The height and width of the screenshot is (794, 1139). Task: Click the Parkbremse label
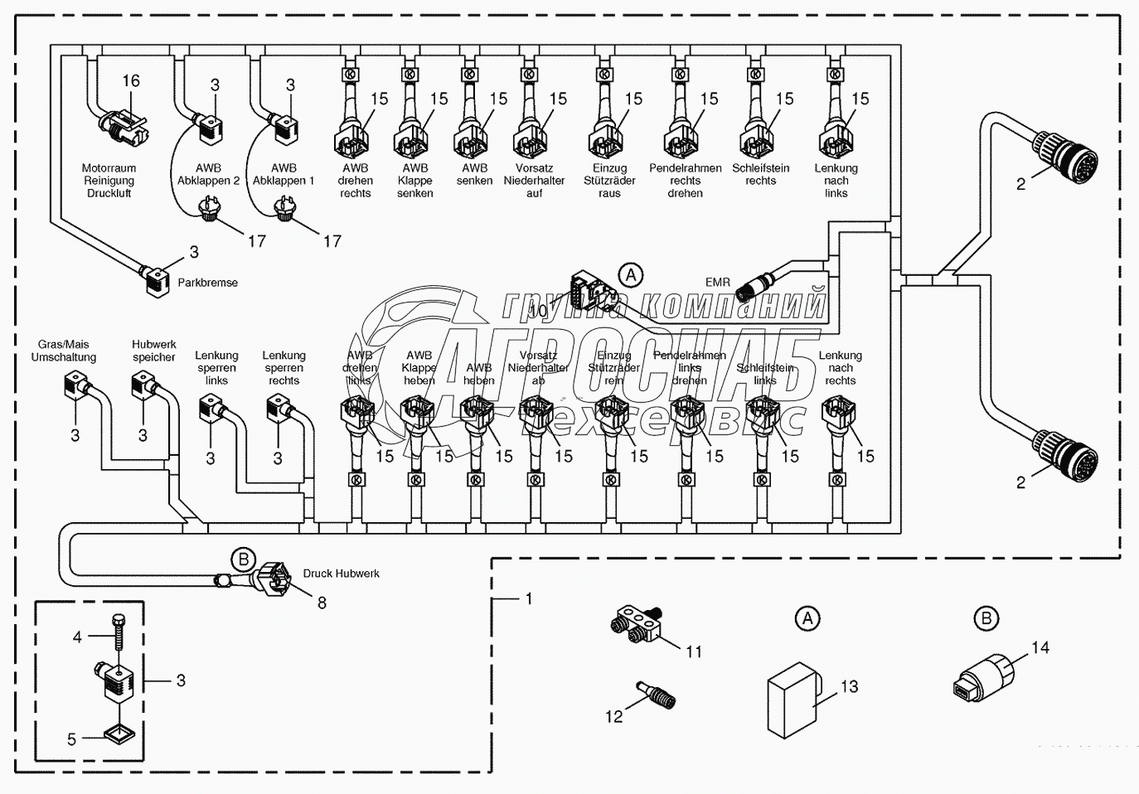[x=207, y=283]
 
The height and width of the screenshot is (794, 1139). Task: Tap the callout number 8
[x=322, y=603]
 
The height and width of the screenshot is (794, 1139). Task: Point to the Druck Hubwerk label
[x=341, y=574]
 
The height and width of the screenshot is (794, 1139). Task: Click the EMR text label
[x=717, y=283]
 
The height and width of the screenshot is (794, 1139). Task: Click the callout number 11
[x=694, y=652]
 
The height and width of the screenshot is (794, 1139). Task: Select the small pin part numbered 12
[x=656, y=694]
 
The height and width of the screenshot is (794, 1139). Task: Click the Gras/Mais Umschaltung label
[x=64, y=351]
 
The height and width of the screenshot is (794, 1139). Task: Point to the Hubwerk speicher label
[x=154, y=351]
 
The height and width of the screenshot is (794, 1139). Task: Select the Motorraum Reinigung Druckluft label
[x=109, y=181]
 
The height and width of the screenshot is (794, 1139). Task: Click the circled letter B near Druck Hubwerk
[x=244, y=559]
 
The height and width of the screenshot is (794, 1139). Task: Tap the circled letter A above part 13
[x=807, y=618]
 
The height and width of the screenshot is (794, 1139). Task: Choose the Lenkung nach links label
[x=836, y=181]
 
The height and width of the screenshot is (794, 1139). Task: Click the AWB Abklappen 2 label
[x=208, y=174]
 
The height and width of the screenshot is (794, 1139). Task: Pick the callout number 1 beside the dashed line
[x=529, y=598]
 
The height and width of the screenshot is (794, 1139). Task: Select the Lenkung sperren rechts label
[x=284, y=368]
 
